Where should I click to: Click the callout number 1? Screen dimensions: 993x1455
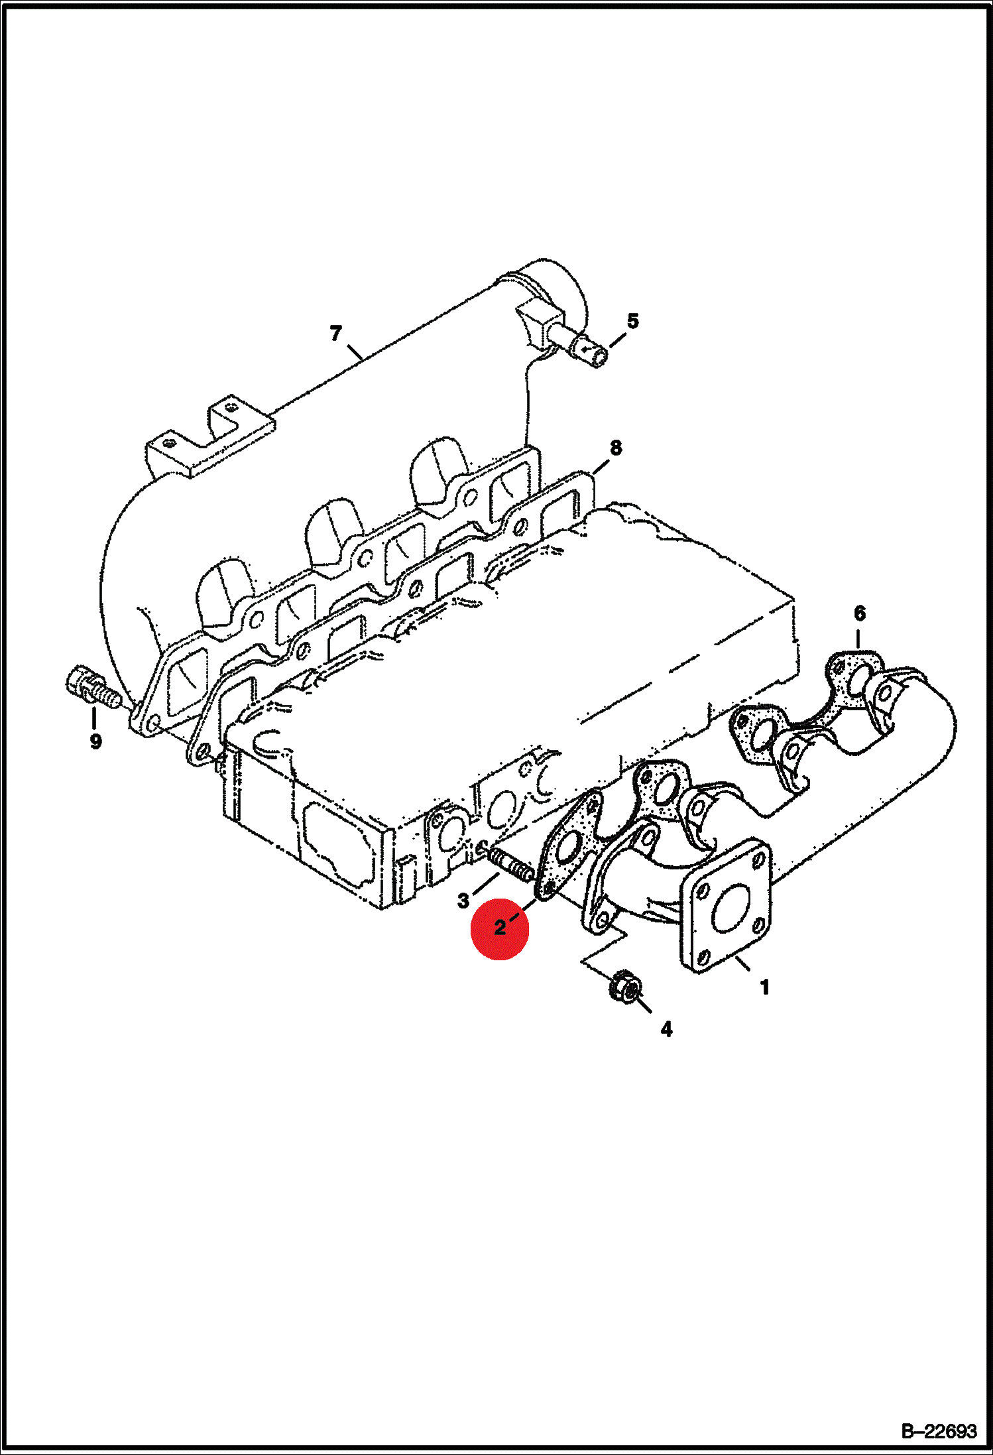(x=764, y=987)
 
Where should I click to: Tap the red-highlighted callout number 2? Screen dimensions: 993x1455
(x=500, y=928)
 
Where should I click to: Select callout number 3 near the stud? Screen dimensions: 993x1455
(x=463, y=901)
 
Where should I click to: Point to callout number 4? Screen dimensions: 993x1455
(x=667, y=1029)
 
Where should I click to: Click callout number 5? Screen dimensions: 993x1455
(x=633, y=321)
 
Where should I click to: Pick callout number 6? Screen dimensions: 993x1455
(x=860, y=613)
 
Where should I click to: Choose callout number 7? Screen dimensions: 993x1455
(x=336, y=333)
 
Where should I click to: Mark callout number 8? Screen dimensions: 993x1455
(x=616, y=448)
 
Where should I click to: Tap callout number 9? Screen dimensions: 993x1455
(x=96, y=741)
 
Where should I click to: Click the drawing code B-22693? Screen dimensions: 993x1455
(x=939, y=1430)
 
